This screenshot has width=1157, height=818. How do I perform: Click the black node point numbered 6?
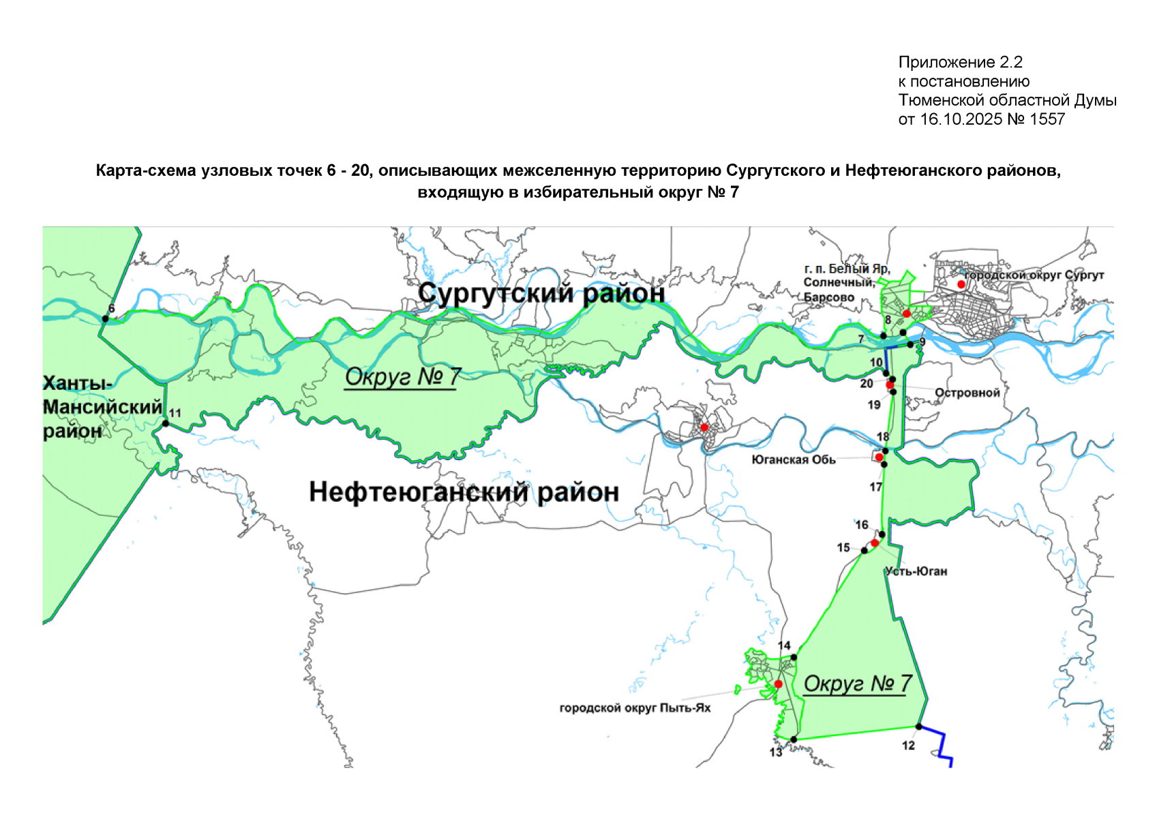click(x=106, y=318)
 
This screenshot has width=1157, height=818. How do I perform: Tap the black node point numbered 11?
click(x=166, y=423)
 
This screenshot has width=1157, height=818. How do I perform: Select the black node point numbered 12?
click(x=919, y=727)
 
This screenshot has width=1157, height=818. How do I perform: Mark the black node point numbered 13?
click(x=794, y=740)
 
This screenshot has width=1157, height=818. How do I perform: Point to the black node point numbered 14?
click(x=794, y=657)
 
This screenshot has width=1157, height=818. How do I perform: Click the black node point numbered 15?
click(x=865, y=550)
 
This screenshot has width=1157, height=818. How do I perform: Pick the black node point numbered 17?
click(x=884, y=465)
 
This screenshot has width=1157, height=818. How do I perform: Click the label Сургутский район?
click(x=541, y=293)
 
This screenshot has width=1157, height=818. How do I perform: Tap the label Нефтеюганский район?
click(x=464, y=491)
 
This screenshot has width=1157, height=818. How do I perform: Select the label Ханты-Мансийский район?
click(x=102, y=407)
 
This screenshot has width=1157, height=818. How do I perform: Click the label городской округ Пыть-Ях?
click(x=635, y=708)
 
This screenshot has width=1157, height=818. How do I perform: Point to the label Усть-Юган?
click(x=916, y=571)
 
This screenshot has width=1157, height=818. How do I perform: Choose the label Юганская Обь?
click(x=793, y=460)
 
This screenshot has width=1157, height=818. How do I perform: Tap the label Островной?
click(x=967, y=393)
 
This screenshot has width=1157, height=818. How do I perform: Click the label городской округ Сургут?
click(x=1034, y=275)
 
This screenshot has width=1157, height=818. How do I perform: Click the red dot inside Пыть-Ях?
click(x=778, y=684)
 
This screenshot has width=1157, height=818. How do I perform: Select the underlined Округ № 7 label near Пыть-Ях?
click(x=858, y=683)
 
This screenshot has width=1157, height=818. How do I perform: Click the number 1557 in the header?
click(x=1047, y=119)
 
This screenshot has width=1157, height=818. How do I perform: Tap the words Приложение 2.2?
click(x=960, y=62)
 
